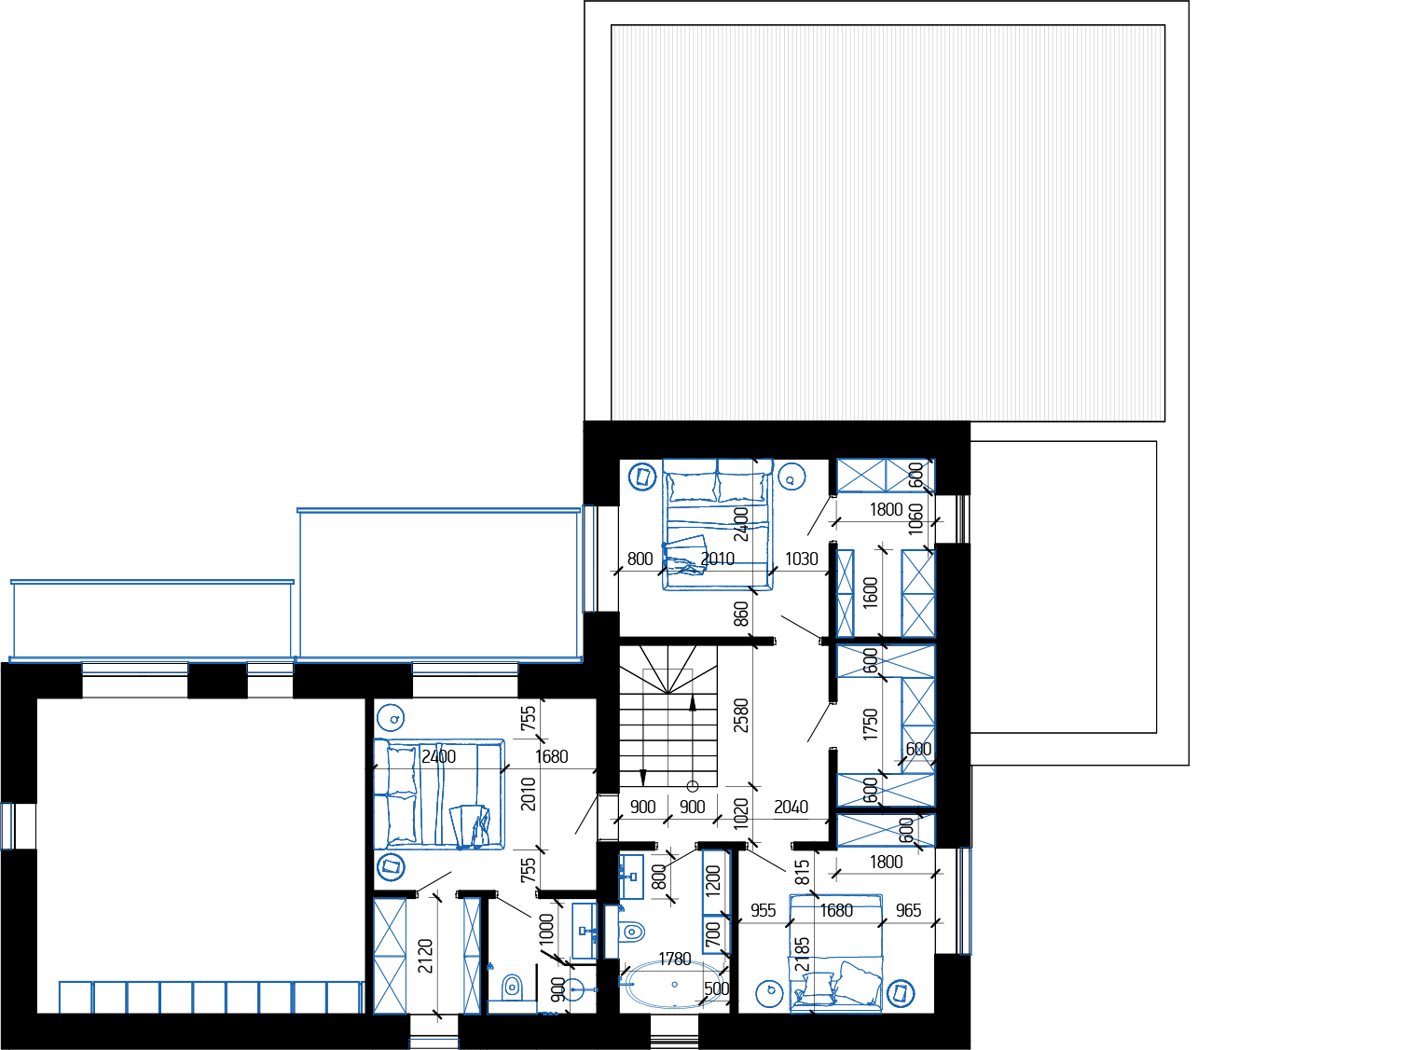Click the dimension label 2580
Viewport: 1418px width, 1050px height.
pyautogui.click(x=740, y=715)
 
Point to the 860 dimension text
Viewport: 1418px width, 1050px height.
pyautogui.click(x=740, y=614)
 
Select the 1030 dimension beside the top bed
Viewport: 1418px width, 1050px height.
pyautogui.click(x=801, y=560)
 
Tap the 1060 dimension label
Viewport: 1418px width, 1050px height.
pyautogui.click(x=916, y=519)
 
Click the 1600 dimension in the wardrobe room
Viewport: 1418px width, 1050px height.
pyautogui.click(x=870, y=593)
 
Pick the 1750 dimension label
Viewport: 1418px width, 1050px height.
pyautogui.click(x=870, y=725)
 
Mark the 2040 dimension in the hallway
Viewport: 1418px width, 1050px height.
pyautogui.click(x=791, y=807)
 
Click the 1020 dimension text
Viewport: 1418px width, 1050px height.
pyautogui.click(x=740, y=813)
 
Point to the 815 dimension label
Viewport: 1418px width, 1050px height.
pyautogui.click(x=803, y=872)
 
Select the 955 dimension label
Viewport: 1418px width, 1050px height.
pyautogui.click(x=764, y=911)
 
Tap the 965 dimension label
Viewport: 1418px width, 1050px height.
pyautogui.click(x=908, y=911)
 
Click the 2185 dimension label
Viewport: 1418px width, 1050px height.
pyautogui.click(x=803, y=955)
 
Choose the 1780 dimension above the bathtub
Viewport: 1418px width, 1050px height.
pyautogui.click(x=674, y=960)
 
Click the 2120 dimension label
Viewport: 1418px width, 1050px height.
pyautogui.click(x=425, y=956)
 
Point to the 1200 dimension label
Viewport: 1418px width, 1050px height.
pyautogui.click(x=713, y=879)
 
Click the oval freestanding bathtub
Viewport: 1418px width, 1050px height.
pyautogui.click(x=674, y=986)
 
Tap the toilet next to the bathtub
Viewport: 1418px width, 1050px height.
pyautogui.click(x=630, y=931)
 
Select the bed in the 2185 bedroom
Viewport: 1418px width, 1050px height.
pyautogui.click(x=836, y=953)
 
